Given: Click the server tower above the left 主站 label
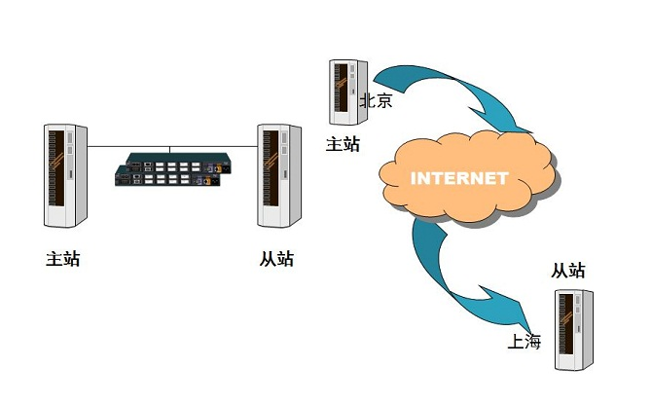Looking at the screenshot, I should pos(64,176).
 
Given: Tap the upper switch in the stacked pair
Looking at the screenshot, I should pos(176,164).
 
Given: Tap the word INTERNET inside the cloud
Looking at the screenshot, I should pos(458,178).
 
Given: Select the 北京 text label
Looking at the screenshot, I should pos(377,100).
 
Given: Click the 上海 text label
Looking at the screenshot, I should pos(524,342).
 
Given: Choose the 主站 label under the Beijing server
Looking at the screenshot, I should pos(343,145).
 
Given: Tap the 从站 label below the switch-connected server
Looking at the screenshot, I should pos(275,259).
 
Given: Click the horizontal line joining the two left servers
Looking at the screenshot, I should pos(127,147).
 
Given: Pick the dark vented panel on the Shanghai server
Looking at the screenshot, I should pos(562,326).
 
